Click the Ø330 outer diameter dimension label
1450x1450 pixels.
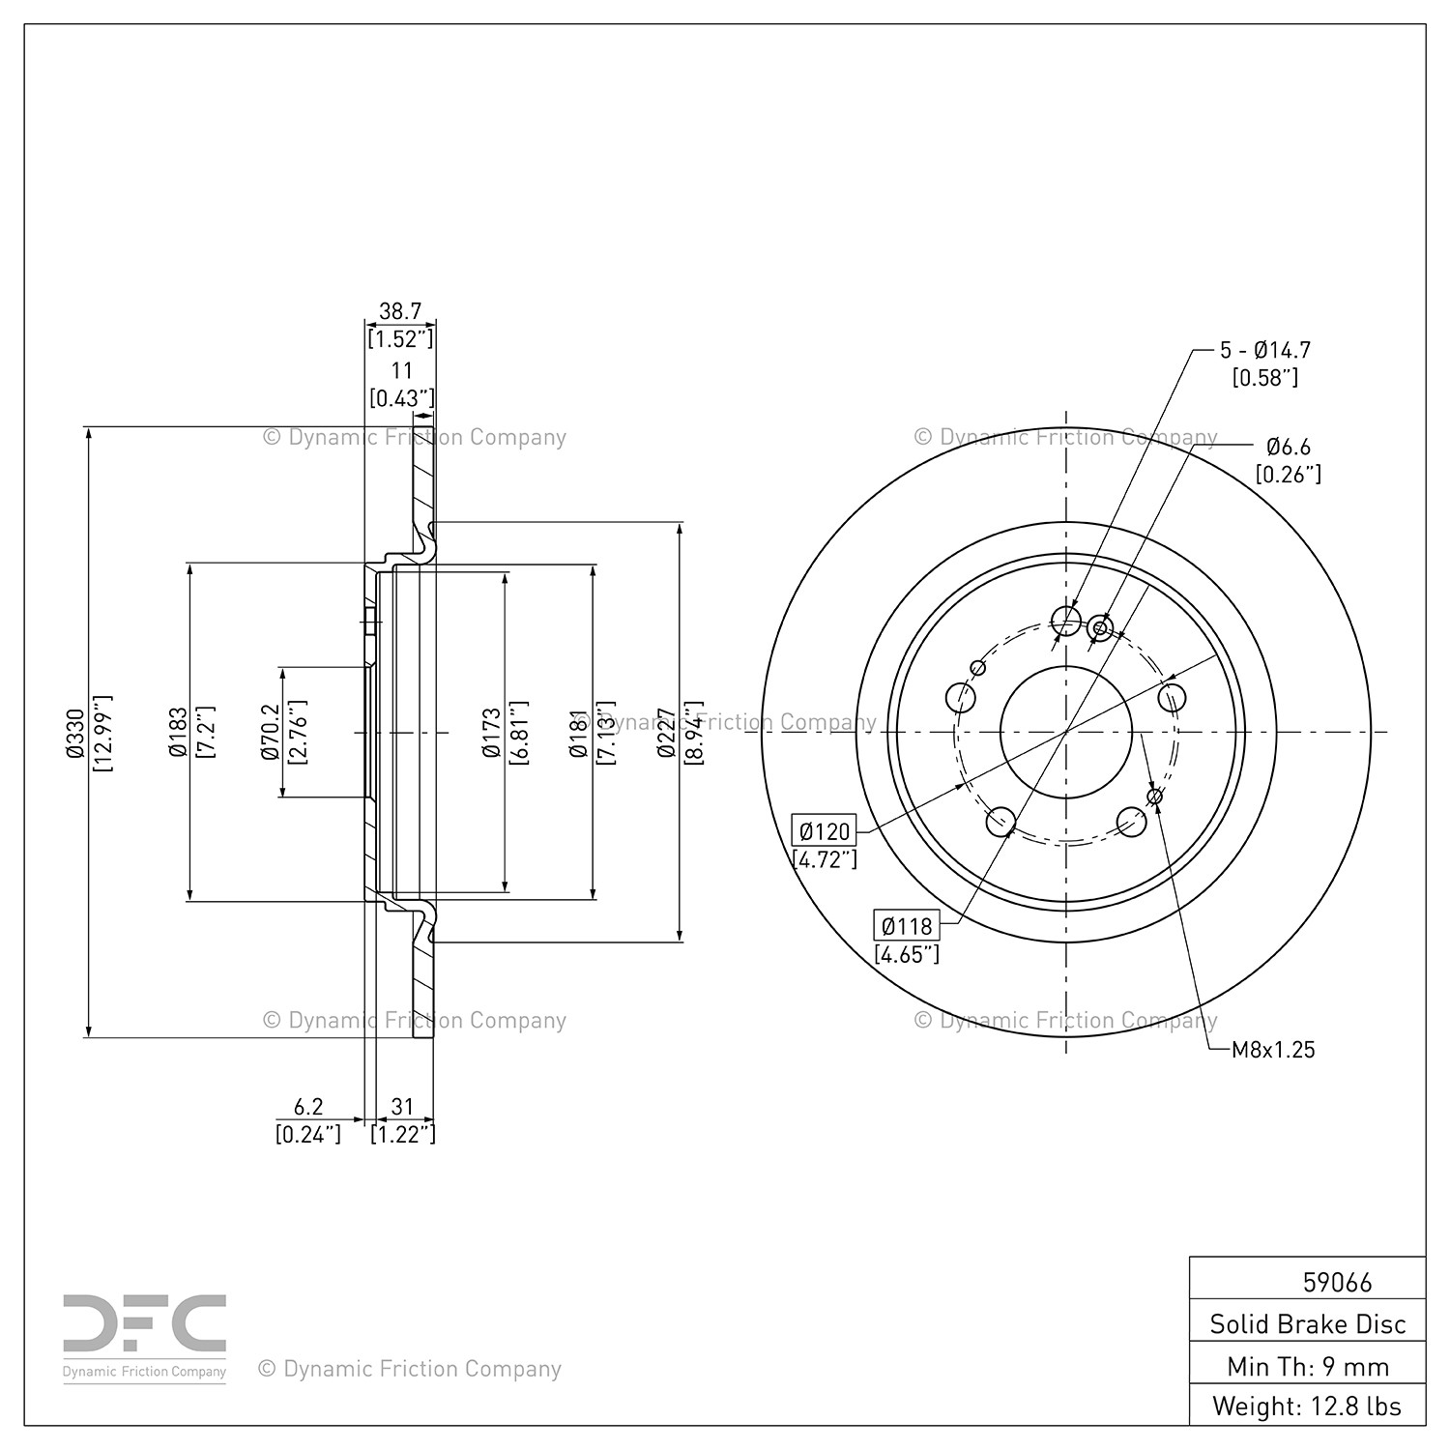pyautogui.click(x=73, y=732)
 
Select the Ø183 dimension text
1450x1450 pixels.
pyautogui.click(x=178, y=732)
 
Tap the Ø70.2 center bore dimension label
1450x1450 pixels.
pyautogui.click(x=271, y=732)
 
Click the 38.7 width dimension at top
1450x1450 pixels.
pyautogui.click(x=400, y=311)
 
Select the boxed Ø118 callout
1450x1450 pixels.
pyautogui.click(x=906, y=926)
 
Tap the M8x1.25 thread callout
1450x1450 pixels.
pyautogui.click(x=1273, y=1050)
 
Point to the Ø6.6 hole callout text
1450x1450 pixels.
pyautogui.click(x=1289, y=447)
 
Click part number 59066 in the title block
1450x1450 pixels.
pyautogui.click(x=1337, y=1282)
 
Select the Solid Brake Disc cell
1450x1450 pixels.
pyautogui.click(x=1308, y=1323)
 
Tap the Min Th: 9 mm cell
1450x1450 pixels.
pyautogui.click(x=1308, y=1366)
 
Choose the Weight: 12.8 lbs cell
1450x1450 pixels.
pyautogui.click(x=1308, y=1406)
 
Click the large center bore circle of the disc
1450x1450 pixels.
pyautogui.click(x=1065, y=732)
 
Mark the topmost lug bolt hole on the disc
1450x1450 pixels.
pyautogui.click(x=1065, y=620)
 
